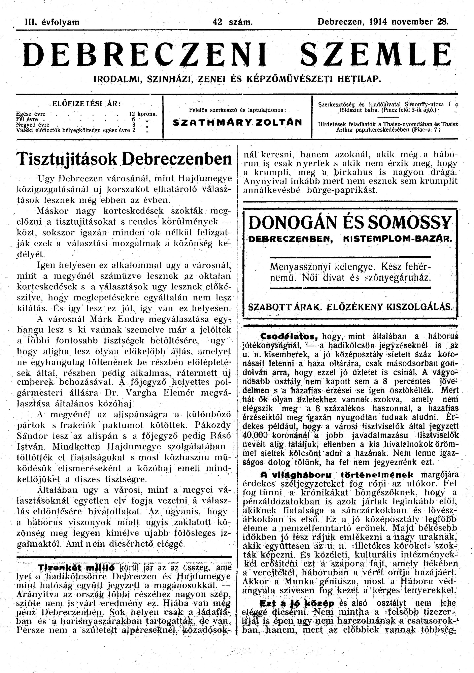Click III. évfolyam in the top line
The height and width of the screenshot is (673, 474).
pyautogui.click(x=53, y=22)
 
